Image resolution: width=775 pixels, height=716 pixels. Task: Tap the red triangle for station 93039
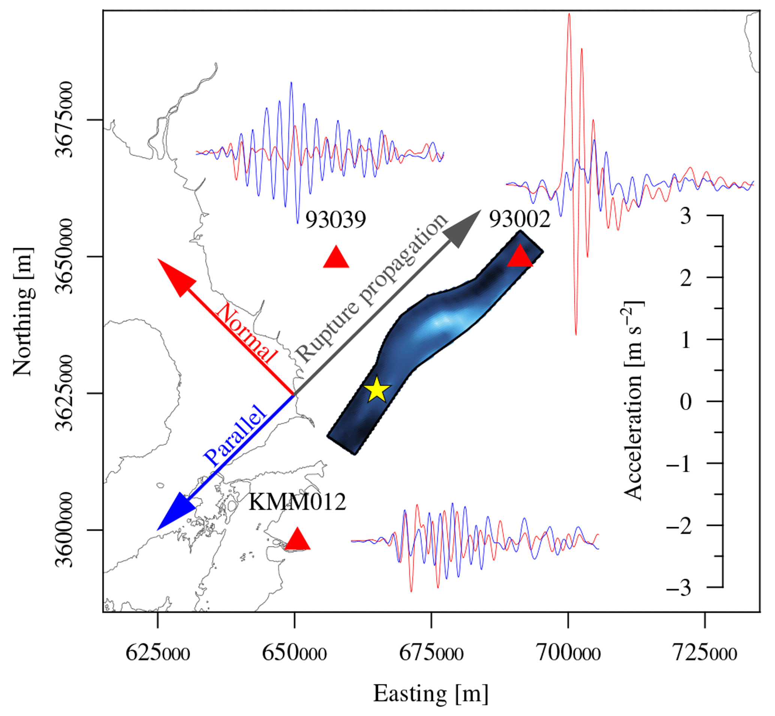point(336,258)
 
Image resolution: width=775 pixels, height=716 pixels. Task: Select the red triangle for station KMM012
point(298,540)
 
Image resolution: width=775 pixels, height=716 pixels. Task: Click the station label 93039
point(336,220)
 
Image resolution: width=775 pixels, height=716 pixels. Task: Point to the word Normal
point(246,333)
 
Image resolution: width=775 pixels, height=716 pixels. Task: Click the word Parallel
point(235,436)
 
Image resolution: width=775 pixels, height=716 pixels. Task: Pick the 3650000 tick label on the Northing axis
point(63,256)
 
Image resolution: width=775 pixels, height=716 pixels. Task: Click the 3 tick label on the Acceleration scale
point(685,216)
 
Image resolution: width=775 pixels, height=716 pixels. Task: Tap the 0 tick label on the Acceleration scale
point(685,401)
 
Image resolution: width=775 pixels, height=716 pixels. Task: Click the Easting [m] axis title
point(430,694)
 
